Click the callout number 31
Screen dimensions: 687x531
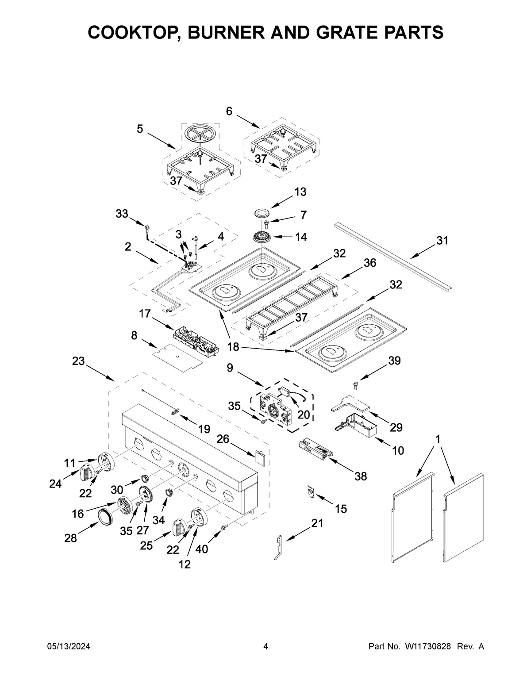point(442,241)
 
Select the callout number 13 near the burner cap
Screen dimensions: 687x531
point(300,192)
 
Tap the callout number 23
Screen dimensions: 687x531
point(78,361)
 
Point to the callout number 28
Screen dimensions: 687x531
point(70,538)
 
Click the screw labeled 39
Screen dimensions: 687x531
point(355,385)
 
